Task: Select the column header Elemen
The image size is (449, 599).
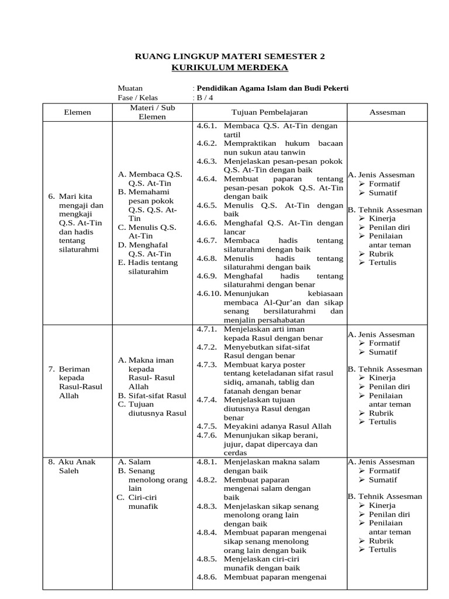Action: (x=77, y=112)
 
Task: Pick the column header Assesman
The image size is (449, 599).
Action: (x=387, y=112)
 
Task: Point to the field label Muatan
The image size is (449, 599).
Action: (x=130, y=88)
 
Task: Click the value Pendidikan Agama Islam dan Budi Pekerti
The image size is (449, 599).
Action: (x=272, y=88)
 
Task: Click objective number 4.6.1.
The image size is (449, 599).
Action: (x=206, y=126)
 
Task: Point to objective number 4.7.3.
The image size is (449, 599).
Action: (x=206, y=364)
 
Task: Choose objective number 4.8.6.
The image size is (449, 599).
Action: (x=206, y=578)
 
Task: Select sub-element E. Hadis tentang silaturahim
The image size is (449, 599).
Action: (x=151, y=267)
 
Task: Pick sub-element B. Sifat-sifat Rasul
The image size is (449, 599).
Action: (x=151, y=395)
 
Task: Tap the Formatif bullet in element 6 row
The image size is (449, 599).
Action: (x=384, y=184)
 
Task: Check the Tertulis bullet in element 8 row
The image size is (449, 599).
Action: (x=382, y=549)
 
